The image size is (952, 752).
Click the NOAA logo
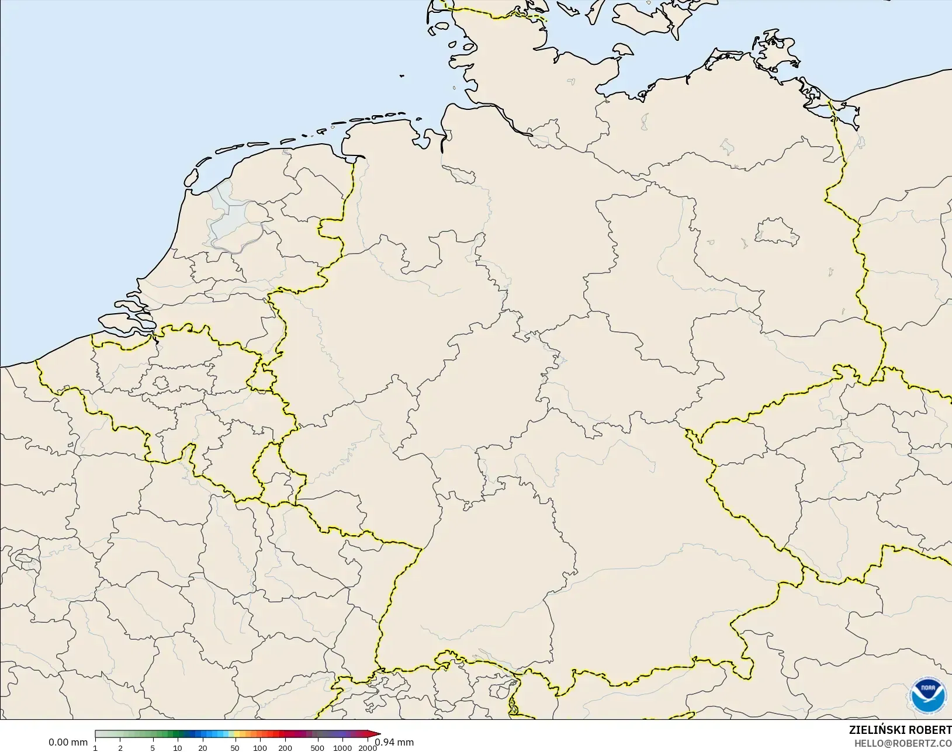[928, 695]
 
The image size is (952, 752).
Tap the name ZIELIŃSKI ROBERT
[900, 730]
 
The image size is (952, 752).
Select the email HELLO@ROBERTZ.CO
[903, 743]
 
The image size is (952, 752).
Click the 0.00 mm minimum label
[68, 743]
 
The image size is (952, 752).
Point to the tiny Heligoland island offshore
[402, 75]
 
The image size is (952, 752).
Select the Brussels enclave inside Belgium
[161, 383]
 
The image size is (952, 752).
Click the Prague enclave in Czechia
[847, 452]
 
